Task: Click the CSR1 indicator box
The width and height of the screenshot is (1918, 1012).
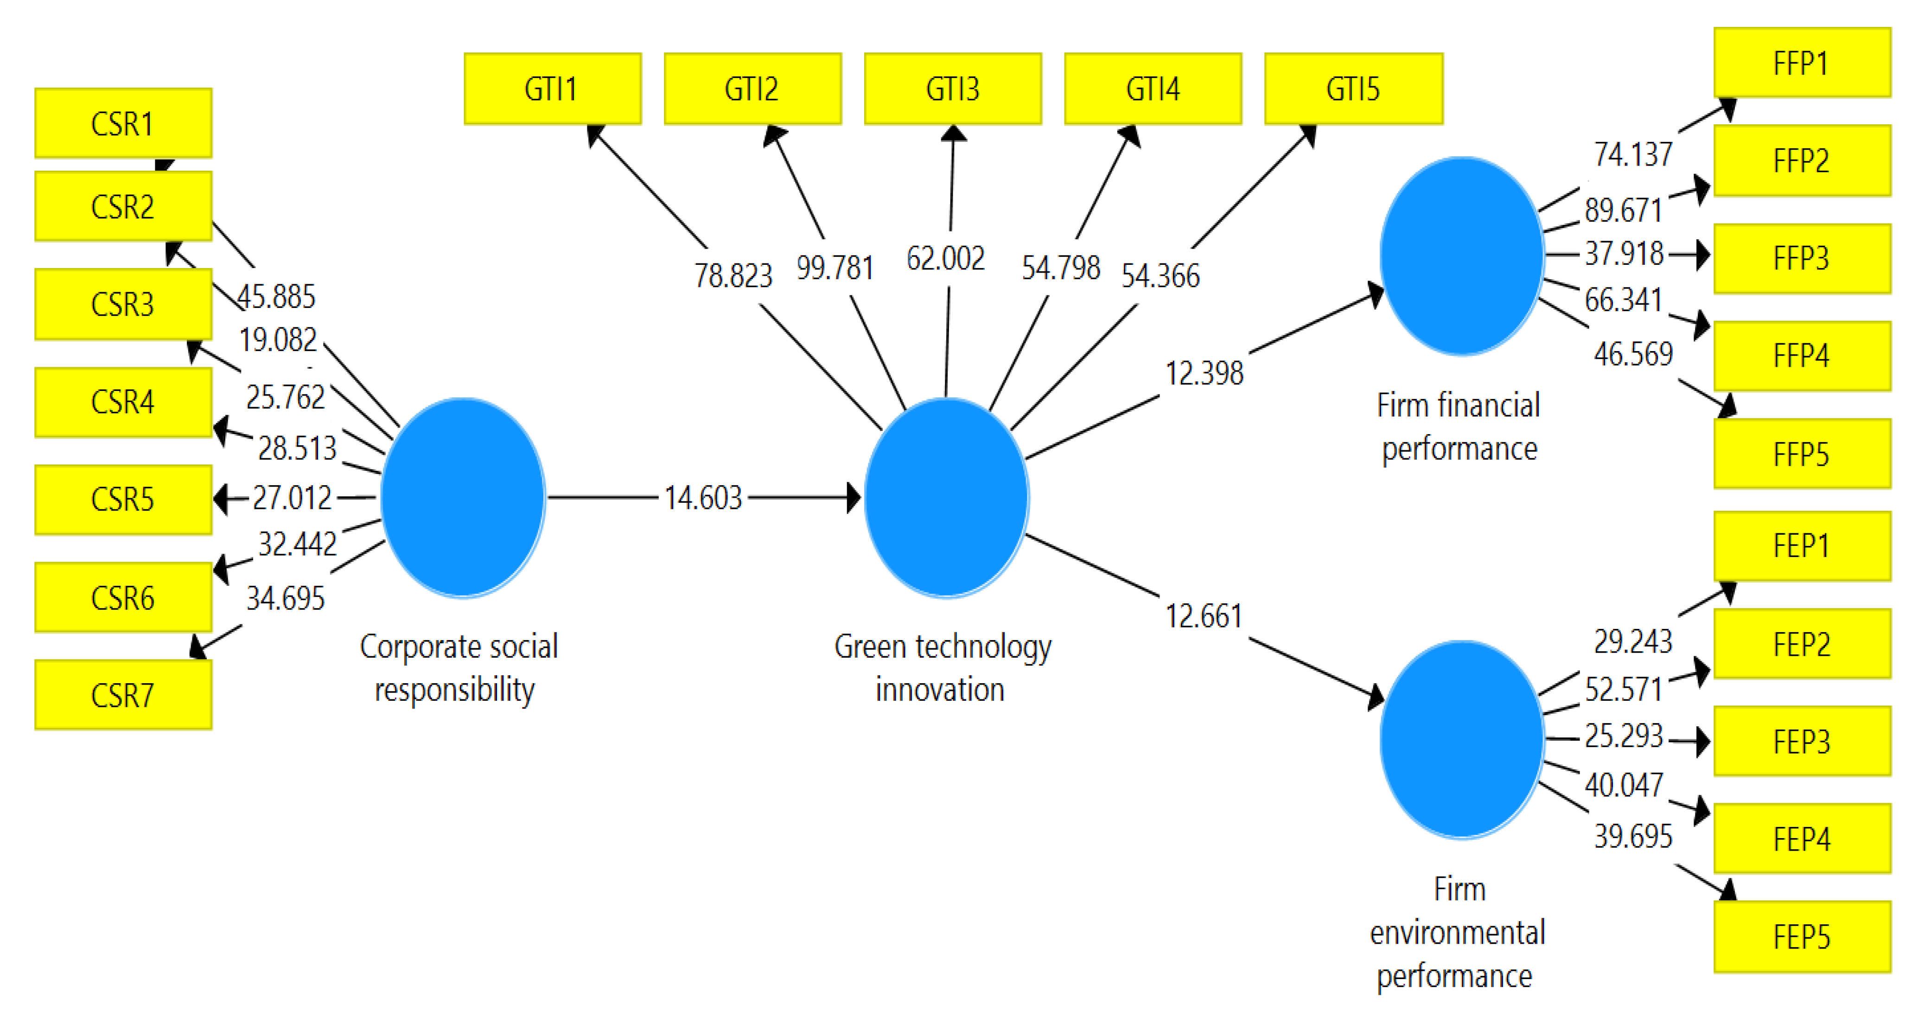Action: click(123, 123)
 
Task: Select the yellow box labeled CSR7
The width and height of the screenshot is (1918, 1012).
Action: click(123, 695)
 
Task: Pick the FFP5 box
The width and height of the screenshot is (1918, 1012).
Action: click(1801, 454)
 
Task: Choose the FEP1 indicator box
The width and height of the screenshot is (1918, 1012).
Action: click(1801, 546)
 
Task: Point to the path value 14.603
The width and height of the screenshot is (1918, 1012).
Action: click(703, 498)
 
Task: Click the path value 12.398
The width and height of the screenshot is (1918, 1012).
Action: click(1204, 373)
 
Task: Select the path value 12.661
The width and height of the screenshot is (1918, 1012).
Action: click(1204, 616)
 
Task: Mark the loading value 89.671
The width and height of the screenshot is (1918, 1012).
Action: click(1623, 210)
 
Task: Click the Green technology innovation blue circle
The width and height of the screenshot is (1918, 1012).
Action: click(946, 498)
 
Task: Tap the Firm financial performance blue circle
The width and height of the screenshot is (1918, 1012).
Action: click(1461, 256)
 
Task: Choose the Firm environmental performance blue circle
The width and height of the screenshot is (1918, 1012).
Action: click(1461, 739)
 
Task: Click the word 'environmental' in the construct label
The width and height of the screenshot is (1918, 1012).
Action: click(1457, 932)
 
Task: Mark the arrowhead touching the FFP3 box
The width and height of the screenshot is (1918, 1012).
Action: click(1701, 255)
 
